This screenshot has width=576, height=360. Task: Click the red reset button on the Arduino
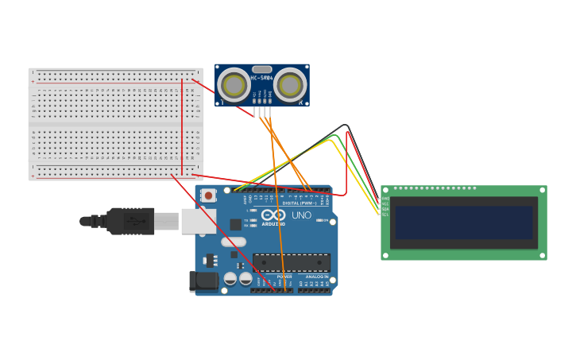[208, 195]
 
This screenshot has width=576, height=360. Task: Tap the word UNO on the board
[301, 215]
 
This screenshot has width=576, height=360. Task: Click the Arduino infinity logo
[273, 215]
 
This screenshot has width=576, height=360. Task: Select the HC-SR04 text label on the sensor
[261, 78]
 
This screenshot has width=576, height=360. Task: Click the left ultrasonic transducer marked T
[234, 84]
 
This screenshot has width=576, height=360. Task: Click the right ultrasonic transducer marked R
[291, 84]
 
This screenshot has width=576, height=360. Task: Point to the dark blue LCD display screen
[465, 223]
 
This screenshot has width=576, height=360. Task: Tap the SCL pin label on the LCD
[385, 215]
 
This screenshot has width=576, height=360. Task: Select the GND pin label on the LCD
[385, 199]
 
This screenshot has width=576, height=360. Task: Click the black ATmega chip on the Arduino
[291, 263]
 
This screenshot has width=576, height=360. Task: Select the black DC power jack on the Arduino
[203, 281]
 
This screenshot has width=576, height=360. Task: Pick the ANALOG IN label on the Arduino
[316, 277]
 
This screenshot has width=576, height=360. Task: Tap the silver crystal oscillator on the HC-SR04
[262, 69]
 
